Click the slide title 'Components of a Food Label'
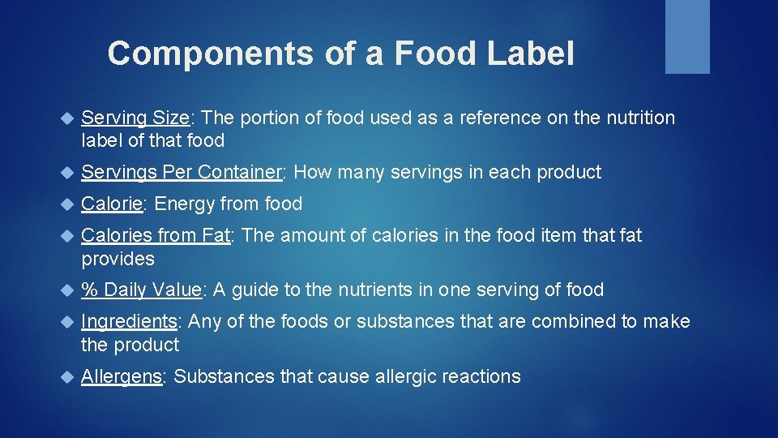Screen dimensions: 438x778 (340, 54)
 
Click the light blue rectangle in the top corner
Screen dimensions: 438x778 (687, 36)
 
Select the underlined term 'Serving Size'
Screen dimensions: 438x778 (135, 118)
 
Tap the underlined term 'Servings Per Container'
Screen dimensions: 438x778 (181, 173)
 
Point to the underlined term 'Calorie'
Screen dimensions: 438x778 (112, 204)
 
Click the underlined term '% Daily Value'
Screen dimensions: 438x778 (142, 290)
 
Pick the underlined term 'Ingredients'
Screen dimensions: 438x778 (129, 322)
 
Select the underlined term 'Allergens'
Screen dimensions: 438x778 (122, 377)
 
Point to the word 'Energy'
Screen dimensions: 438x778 (182, 204)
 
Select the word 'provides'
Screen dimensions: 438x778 (118, 260)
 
